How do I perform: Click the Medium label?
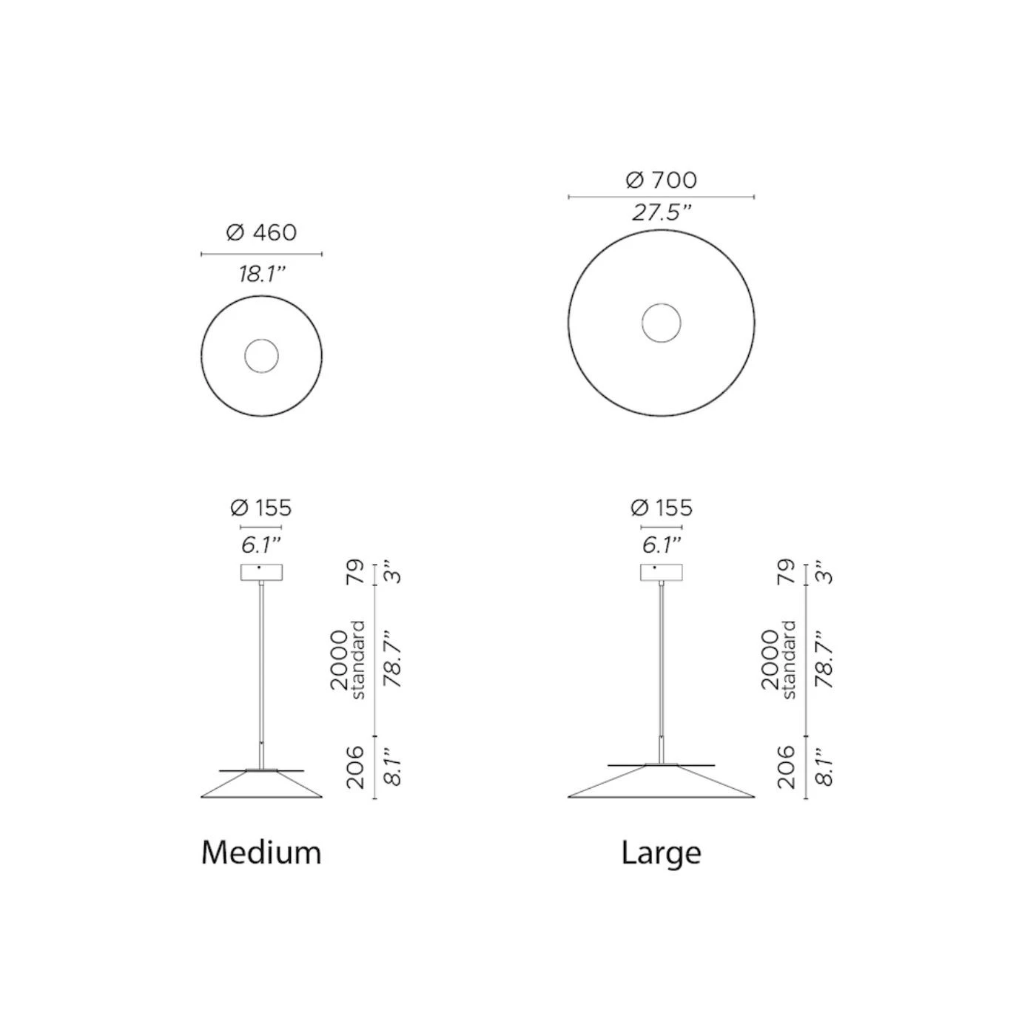261,852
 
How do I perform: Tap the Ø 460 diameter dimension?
261,233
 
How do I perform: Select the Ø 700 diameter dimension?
662,180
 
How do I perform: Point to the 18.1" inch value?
261,275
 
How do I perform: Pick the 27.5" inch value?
662,213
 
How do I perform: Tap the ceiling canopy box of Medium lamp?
261,573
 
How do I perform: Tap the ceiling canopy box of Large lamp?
662,573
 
